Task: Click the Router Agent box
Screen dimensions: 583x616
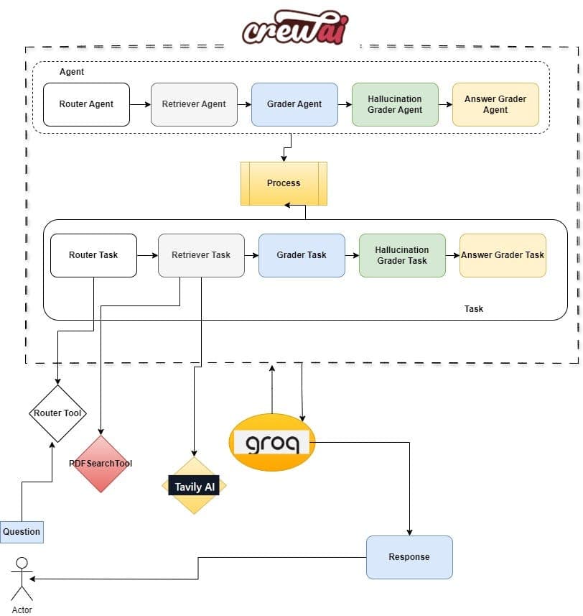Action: tap(86, 104)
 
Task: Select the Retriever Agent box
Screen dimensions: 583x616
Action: tap(194, 104)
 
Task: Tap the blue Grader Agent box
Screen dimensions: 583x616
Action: tap(294, 104)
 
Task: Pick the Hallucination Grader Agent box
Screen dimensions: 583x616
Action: tap(395, 104)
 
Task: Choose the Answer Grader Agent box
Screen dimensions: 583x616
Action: tap(495, 104)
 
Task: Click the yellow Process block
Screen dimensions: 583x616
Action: tap(284, 183)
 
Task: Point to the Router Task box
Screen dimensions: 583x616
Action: tap(94, 255)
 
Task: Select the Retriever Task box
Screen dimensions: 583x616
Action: tap(201, 255)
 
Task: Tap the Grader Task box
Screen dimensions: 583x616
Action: tap(302, 255)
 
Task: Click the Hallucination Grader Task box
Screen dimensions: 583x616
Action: tap(402, 255)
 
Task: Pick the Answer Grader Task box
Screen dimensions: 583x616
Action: tap(503, 255)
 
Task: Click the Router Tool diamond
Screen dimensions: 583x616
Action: tap(57, 413)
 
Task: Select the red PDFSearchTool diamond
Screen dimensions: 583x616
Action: tap(101, 464)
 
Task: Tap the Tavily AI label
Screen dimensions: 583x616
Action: tap(194, 487)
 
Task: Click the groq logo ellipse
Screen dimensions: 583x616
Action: tap(272, 442)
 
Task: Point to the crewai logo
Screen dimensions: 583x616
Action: tap(295, 27)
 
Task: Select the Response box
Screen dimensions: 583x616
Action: tap(409, 557)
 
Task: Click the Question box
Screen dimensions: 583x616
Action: tap(22, 532)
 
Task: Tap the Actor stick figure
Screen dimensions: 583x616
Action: tap(22, 579)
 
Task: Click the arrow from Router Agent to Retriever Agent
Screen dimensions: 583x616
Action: tap(141, 104)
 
